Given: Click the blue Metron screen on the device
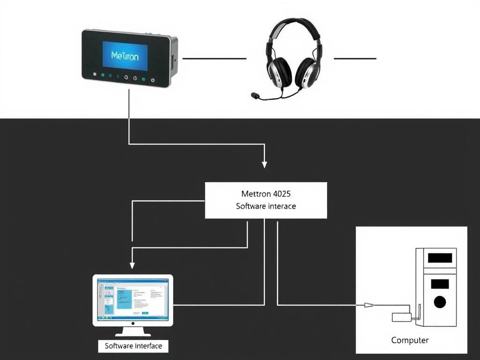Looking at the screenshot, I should [x=125, y=56].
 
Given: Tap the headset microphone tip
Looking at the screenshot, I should [x=255, y=96].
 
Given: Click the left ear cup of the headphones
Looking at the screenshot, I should [x=279, y=72].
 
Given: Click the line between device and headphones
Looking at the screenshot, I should [x=214, y=59].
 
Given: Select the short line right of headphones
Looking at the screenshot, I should [x=355, y=59].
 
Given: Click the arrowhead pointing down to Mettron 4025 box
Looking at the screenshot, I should [x=264, y=164].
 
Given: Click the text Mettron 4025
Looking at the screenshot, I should [x=266, y=194].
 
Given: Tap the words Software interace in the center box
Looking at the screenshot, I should [x=266, y=206].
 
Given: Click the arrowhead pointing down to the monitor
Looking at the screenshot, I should [x=132, y=265].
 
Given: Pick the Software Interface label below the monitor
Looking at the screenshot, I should [x=133, y=346].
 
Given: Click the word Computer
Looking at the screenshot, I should [x=410, y=340].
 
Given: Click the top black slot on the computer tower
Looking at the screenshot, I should [x=440, y=258].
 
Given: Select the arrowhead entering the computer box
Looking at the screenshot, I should [x=369, y=305].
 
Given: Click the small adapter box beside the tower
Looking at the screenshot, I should [x=402, y=317].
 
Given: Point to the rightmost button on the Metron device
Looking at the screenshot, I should [x=153, y=80].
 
